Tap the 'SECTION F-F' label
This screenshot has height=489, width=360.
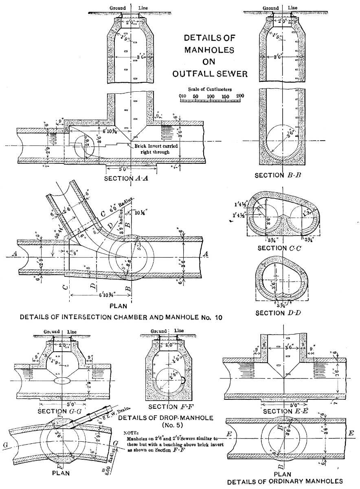point(168,407)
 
